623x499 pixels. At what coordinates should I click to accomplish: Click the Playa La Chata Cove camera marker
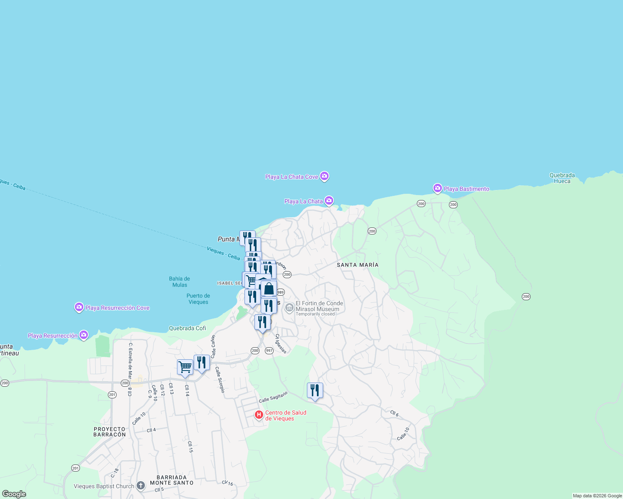324,176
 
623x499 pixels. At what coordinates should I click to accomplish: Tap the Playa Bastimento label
466,189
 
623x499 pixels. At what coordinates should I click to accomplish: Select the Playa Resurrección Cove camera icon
79,307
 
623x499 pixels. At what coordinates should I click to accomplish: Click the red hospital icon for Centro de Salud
259,415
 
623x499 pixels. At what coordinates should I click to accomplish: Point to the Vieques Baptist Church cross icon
141,486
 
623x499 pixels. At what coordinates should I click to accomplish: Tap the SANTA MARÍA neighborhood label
358,265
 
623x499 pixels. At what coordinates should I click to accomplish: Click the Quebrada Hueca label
562,178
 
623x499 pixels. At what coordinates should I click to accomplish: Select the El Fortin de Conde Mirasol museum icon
289,308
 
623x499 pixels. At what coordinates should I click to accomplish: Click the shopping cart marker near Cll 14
185,367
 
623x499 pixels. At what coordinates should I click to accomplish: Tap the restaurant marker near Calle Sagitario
315,390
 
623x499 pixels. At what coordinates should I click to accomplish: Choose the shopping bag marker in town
269,289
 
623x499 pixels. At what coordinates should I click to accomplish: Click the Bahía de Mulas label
179,282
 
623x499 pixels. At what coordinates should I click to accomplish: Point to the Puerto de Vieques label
198,299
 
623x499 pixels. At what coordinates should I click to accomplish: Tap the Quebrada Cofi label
187,328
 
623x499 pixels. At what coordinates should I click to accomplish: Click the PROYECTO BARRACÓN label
110,432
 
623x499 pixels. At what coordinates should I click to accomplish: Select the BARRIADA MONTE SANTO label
172,480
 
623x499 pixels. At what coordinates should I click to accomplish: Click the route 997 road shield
269,351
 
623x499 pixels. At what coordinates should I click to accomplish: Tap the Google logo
14,494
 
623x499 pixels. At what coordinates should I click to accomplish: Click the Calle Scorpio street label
220,380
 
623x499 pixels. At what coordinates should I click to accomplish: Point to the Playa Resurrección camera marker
84,335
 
